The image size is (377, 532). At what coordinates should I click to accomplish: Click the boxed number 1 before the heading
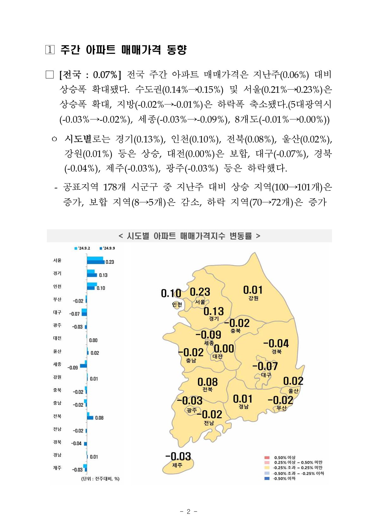click(x=50, y=50)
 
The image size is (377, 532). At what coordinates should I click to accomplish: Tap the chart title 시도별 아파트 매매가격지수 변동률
click(x=189, y=236)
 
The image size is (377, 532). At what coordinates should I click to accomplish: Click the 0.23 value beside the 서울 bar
click(x=110, y=262)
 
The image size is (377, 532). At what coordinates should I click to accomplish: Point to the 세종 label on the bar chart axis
click(x=57, y=364)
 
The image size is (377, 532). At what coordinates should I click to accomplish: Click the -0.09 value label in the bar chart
click(x=73, y=368)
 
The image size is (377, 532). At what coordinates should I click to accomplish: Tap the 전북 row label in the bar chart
click(x=57, y=416)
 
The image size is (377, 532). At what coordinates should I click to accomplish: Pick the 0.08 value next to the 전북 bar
click(x=99, y=418)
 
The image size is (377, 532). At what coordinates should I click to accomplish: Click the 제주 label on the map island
click(x=177, y=465)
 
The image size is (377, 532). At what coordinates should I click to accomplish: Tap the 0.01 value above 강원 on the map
click(x=253, y=290)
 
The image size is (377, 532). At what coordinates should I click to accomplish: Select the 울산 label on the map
click(x=293, y=391)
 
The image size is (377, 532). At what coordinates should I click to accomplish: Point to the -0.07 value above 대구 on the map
click(x=265, y=366)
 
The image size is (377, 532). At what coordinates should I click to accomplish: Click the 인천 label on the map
click(x=177, y=305)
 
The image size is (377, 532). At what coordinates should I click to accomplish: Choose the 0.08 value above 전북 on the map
click(x=208, y=382)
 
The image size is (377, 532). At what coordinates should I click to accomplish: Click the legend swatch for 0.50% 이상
click(x=267, y=457)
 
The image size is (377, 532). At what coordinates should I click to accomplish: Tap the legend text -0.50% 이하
click(x=284, y=479)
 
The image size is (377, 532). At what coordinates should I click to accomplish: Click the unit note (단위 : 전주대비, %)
click(x=100, y=479)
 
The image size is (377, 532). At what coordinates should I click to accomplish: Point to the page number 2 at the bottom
click(x=188, y=512)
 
